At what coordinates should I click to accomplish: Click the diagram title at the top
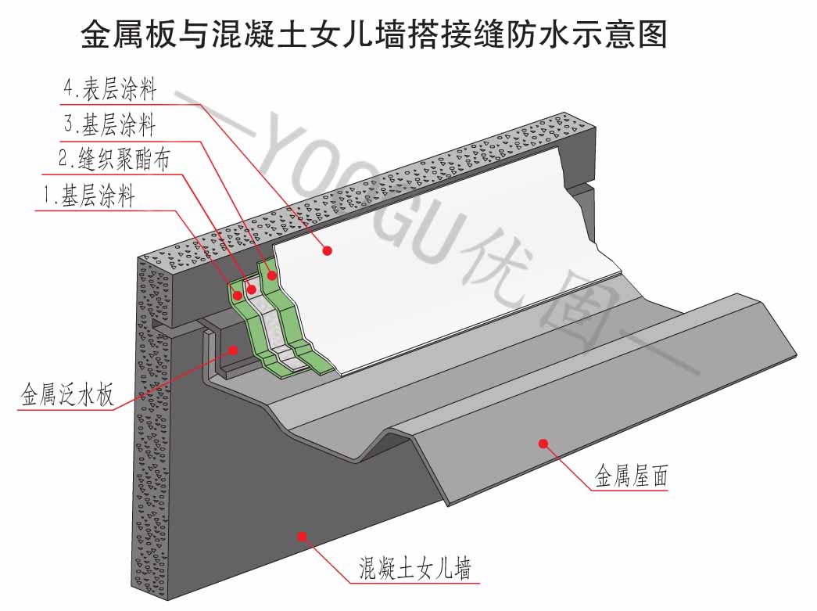(x=374, y=34)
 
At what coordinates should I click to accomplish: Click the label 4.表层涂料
(x=109, y=89)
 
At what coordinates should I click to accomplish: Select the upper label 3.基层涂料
(x=109, y=124)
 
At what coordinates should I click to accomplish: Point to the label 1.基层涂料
(x=88, y=196)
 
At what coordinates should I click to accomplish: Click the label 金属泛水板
(x=66, y=394)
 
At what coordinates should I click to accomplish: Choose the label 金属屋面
(x=631, y=475)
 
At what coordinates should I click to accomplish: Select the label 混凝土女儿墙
(x=414, y=567)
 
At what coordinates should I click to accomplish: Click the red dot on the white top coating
(x=328, y=250)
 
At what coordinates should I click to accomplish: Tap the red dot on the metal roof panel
(x=541, y=444)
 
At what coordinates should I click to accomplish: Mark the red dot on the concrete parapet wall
(x=302, y=536)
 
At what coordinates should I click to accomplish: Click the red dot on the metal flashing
(x=233, y=350)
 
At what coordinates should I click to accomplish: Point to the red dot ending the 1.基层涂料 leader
(x=237, y=296)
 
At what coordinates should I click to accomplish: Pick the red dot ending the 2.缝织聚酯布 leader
(x=252, y=289)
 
